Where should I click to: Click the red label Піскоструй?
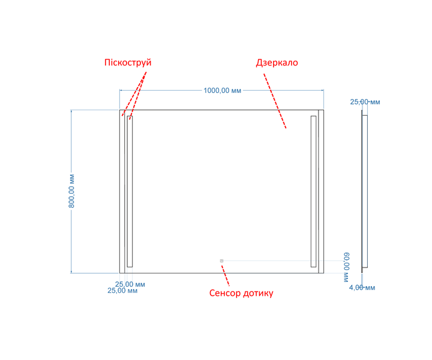128,63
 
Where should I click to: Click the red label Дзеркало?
277,62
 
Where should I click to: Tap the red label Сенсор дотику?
241,293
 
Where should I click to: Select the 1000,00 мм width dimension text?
223,91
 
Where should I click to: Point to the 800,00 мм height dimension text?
71,191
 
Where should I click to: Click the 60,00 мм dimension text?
346,267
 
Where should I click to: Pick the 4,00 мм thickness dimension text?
362,288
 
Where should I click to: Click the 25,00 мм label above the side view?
365,102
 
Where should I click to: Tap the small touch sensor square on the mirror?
221,260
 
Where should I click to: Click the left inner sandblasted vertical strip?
130,191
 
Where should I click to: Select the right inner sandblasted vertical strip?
314,191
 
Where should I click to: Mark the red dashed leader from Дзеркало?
275,101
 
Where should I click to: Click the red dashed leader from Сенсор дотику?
226,276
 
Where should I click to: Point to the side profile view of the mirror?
365,191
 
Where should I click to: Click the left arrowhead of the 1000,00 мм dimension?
121,90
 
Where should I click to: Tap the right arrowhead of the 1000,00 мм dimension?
322,90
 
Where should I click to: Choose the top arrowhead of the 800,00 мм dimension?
71,111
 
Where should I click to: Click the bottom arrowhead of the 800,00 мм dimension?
71,272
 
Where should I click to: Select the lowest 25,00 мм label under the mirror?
122,291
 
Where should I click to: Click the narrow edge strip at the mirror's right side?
321,191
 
